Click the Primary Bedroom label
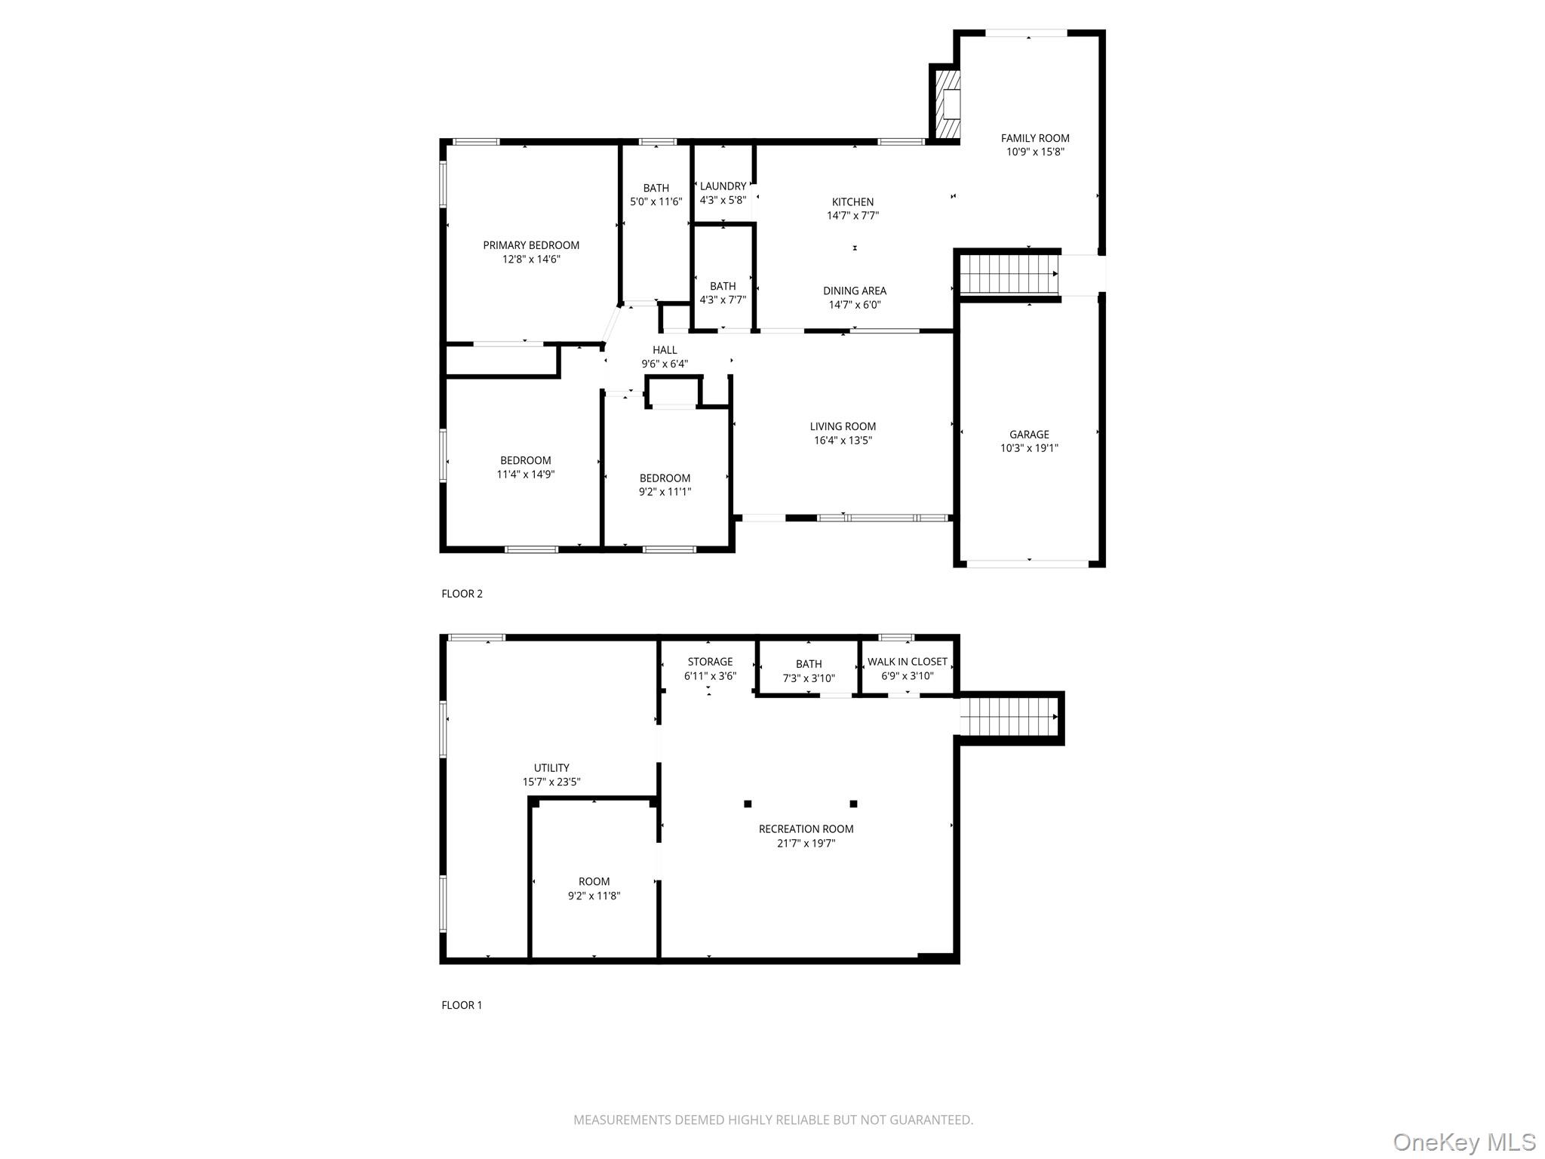click(531, 245)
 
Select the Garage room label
click(1029, 434)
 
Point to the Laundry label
click(723, 186)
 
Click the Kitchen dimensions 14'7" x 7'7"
click(852, 216)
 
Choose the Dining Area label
click(854, 291)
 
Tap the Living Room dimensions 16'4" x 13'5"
click(843, 441)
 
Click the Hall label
click(665, 350)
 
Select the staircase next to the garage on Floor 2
click(1007, 274)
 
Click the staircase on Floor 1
click(1008, 717)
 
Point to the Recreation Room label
click(806, 829)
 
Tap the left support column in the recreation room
click(748, 804)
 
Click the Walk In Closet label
click(907, 662)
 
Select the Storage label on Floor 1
click(710, 662)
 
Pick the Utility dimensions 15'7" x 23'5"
click(551, 782)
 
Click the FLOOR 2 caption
click(462, 594)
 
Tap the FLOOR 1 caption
click(462, 1005)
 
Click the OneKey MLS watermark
click(1464, 1142)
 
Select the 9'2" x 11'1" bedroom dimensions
click(665, 492)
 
